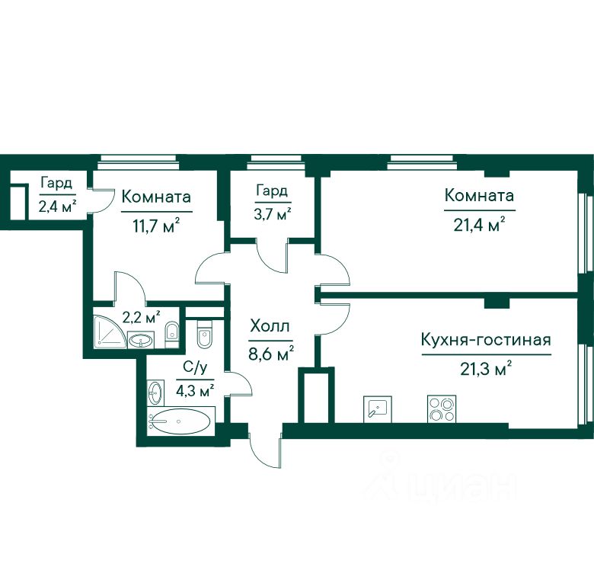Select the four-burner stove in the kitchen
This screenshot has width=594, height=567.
[x=442, y=409]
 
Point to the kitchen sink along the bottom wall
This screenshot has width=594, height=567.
[x=377, y=409]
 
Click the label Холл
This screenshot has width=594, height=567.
[x=270, y=326]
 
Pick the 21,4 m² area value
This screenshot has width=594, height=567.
[x=479, y=224]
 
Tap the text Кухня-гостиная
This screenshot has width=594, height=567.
[x=486, y=340]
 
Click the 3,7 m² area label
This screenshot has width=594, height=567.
[x=272, y=214]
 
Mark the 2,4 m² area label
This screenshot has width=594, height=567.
[x=57, y=207]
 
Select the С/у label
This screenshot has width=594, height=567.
[x=195, y=367]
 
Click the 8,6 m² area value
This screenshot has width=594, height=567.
[x=271, y=354]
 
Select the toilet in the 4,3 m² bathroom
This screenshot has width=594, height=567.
[x=204, y=334]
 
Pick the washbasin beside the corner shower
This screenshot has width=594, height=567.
[x=141, y=339]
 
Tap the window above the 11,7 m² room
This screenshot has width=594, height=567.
[x=137, y=162]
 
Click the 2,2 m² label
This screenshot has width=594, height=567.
[x=141, y=317]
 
